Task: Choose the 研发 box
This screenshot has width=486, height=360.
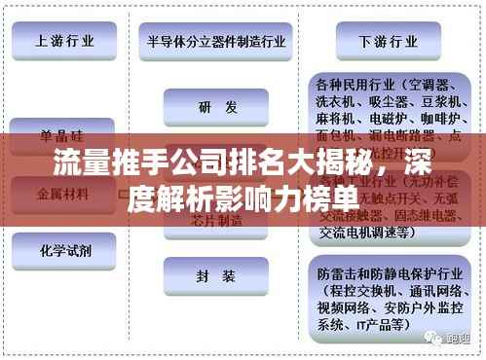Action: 216,108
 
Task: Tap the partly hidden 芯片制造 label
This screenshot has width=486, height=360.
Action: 216,221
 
